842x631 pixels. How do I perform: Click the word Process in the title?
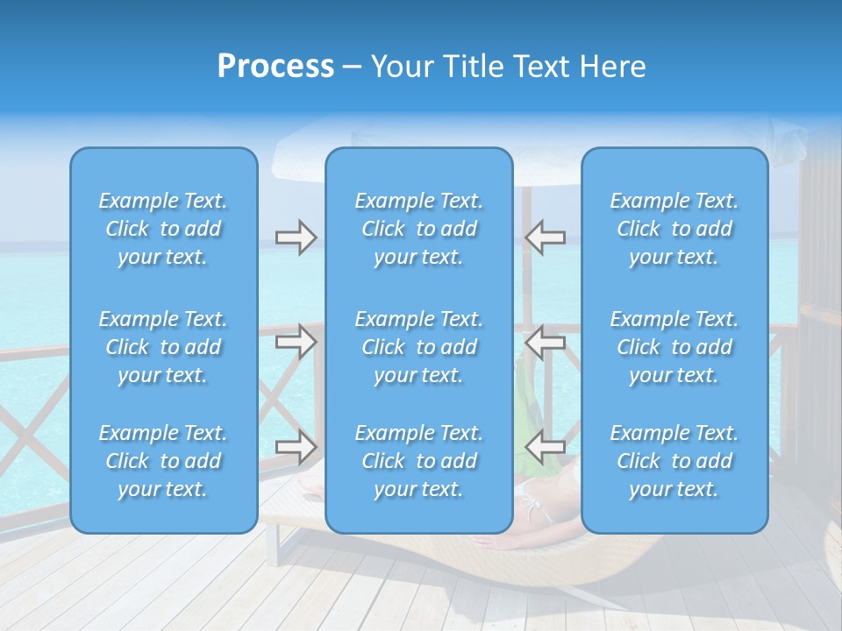275,67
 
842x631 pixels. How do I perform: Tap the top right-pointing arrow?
296,238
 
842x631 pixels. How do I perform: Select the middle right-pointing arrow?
296,341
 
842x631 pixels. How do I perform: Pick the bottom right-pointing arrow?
296,447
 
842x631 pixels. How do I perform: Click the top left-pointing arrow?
546,238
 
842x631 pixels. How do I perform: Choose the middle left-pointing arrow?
546,341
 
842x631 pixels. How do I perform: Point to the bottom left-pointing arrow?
546,447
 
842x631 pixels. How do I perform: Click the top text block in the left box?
163,229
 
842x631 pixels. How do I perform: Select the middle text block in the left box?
163,347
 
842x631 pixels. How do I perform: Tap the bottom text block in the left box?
163,461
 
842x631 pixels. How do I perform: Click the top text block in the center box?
418,229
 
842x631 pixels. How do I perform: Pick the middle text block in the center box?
418,347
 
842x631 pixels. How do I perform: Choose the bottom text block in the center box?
418,461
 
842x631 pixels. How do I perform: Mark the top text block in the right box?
674,229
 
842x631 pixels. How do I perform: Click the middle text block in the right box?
674,347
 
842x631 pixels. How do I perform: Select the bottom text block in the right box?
674,461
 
